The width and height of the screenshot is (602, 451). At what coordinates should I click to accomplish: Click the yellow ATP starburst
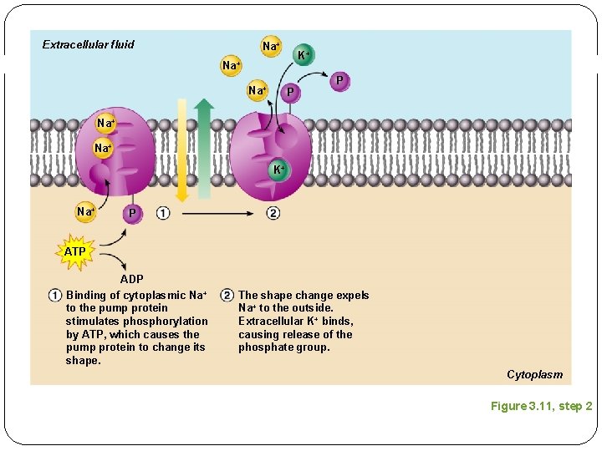75,251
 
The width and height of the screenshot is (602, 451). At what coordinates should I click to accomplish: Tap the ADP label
131,279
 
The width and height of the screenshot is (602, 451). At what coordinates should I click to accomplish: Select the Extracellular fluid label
88,44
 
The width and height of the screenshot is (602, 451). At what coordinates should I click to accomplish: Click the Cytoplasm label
534,374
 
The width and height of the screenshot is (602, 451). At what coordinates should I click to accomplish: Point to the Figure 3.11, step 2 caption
541,406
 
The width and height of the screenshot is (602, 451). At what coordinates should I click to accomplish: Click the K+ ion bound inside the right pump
279,170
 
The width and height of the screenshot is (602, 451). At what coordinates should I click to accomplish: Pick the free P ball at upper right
339,80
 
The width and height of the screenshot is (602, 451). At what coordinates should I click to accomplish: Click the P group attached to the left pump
132,214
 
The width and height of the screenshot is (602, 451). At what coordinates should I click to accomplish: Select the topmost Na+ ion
271,47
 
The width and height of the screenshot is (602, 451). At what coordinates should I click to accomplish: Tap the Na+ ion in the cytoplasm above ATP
85,212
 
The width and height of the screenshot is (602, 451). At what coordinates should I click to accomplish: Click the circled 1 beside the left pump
162,213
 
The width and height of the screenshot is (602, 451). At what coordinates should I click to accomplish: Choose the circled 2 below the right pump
273,213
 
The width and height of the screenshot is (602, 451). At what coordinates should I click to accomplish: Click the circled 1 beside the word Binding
54,295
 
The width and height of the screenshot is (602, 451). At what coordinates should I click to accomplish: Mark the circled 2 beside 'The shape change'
227,295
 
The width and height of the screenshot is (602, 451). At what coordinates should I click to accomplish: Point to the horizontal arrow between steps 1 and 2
218,214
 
